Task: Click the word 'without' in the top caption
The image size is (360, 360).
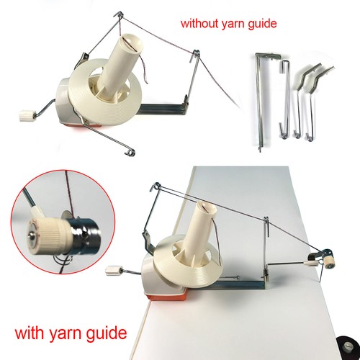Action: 199,24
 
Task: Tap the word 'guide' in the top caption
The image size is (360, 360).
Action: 262,24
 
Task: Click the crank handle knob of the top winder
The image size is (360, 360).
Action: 25,115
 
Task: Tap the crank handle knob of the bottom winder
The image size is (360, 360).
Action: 112,271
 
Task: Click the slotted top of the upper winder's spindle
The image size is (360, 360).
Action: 130,37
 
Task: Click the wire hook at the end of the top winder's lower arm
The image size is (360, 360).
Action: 130,151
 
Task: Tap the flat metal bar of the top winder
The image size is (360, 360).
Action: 163,107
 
